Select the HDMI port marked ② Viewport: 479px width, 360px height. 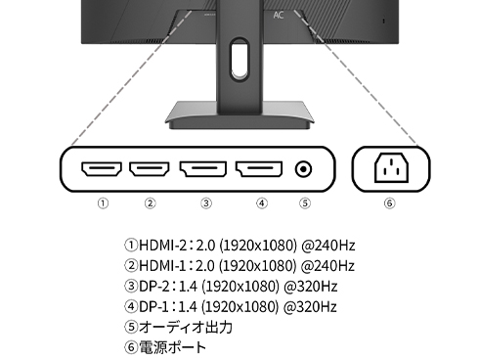point(150,170)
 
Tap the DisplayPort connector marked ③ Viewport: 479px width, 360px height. point(205,170)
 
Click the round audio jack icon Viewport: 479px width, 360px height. point(305,170)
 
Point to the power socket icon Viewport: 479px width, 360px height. point(390,170)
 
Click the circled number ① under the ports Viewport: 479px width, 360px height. point(103,203)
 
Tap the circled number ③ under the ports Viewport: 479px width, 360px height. point(205,203)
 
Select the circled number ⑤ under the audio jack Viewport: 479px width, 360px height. point(305,203)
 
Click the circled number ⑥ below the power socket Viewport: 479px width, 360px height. point(390,203)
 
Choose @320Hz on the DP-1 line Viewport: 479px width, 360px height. point(312,306)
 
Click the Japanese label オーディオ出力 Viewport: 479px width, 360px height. point(181,327)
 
